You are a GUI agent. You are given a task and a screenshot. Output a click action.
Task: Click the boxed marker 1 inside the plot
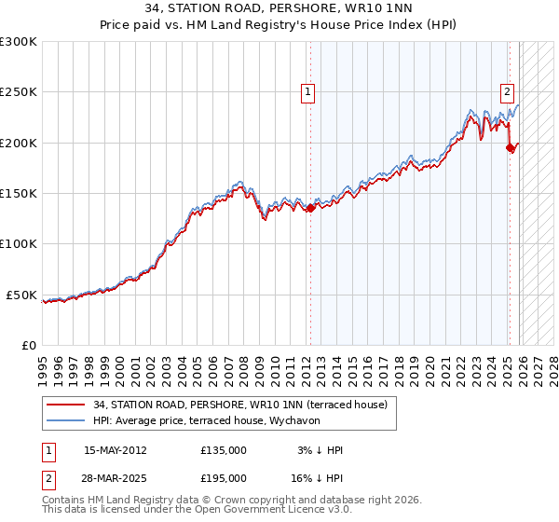307,91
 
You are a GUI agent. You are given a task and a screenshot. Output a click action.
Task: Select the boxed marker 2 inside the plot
507,91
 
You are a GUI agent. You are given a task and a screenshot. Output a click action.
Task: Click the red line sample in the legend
66,405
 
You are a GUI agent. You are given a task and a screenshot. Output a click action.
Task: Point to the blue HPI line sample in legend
66,420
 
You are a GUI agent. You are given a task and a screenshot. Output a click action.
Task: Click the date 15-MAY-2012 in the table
115,450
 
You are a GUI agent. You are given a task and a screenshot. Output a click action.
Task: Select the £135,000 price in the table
223,450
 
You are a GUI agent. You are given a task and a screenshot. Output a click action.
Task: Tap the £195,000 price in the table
223,477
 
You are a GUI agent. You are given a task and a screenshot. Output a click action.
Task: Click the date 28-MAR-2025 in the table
115,477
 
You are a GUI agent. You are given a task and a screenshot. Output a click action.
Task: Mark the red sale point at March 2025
510,147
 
